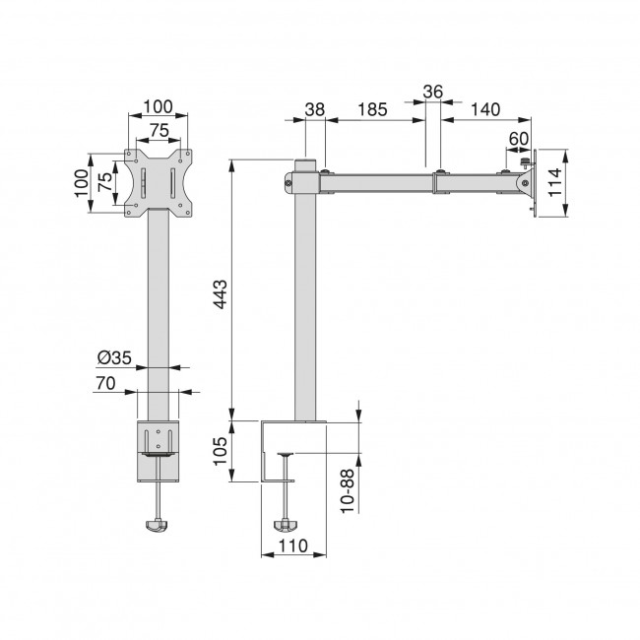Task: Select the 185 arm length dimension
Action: [370, 110]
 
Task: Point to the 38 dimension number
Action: [314, 110]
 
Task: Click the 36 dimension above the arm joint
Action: [432, 92]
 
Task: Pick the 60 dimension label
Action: [519, 137]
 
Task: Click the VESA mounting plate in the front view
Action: [158, 182]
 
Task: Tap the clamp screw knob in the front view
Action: [158, 529]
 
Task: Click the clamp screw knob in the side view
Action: [287, 526]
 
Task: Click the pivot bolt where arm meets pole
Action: [289, 180]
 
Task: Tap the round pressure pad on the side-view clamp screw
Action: [287, 455]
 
